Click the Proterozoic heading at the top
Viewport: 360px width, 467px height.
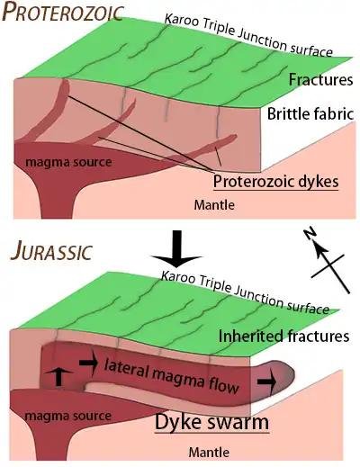63,13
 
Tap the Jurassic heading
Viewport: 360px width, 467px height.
51,251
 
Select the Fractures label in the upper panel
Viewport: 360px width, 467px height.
320,80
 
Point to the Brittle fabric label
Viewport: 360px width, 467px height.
310,114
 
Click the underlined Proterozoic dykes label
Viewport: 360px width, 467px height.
275,182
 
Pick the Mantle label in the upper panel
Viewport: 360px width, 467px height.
214,205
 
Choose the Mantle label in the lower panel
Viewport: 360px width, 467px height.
209,452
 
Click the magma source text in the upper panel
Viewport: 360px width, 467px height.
68,162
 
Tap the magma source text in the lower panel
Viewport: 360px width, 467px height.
67,416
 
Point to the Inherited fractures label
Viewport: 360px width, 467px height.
283,336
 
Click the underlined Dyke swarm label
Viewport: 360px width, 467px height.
211,422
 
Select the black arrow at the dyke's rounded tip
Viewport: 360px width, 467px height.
266,382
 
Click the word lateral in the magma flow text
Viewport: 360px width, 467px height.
127,368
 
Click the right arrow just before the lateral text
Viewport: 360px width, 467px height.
89,364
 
